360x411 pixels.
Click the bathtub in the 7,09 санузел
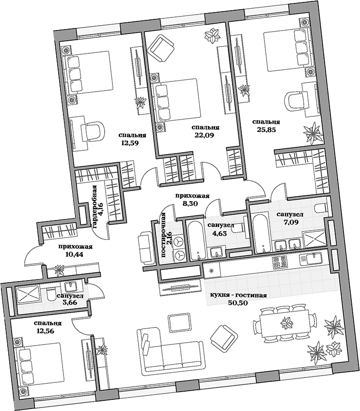261,234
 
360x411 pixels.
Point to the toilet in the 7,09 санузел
321,209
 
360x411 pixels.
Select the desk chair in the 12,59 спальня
93,130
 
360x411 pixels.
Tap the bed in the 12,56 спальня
40,364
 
